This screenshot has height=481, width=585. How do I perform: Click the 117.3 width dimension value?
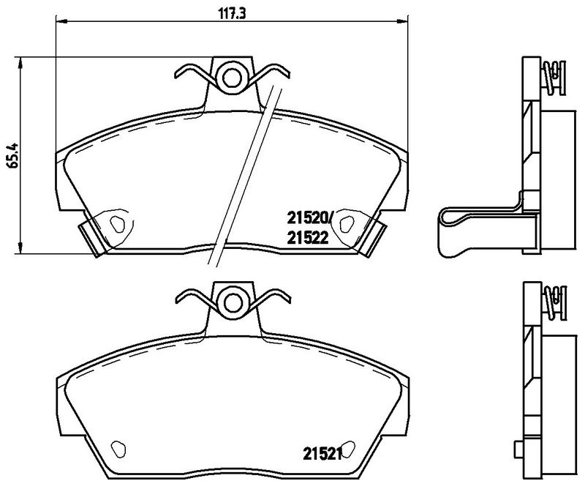coord(232,14)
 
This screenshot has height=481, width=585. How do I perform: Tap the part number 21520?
coord(307,217)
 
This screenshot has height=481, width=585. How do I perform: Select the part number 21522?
coord(308,238)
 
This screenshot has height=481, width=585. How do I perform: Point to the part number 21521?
coord(322,454)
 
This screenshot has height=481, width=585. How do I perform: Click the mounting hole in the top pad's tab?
coord(232,78)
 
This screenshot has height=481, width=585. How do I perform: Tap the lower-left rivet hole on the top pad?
coord(117,224)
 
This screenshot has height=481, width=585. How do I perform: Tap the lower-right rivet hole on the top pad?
coord(347,224)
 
